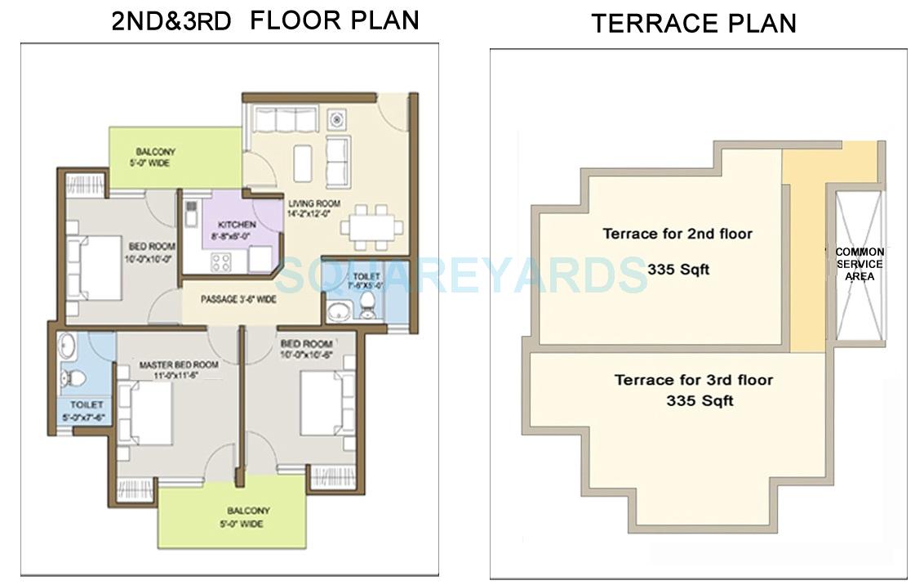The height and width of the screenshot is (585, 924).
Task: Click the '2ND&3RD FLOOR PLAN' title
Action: [x=265, y=20]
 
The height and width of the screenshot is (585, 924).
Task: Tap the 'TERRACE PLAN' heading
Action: [x=693, y=23]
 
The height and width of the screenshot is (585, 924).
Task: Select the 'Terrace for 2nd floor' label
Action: [x=677, y=234]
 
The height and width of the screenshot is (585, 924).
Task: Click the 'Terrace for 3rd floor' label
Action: [x=693, y=380]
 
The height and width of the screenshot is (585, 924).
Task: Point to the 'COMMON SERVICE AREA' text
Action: [x=859, y=265]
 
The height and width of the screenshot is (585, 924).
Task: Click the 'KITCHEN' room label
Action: [x=237, y=225]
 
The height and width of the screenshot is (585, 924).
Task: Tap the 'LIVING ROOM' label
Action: [x=314, y=203]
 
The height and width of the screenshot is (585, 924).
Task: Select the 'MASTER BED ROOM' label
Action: [x=178, y=364]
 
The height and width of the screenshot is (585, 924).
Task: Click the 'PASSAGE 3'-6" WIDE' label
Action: [x=238, y=300]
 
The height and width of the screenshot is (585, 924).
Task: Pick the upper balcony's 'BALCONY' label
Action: [x=155, y=152]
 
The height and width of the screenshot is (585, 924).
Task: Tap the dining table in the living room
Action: [x=371, y=226]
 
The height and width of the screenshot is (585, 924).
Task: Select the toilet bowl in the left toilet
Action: [x=73, y=378]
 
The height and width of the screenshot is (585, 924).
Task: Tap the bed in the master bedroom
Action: [x=147, y=413]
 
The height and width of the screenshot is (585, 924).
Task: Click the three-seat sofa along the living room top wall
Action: [x=284, y=120]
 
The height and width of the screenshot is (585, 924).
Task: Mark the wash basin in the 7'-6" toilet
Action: [x=337, y=311]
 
